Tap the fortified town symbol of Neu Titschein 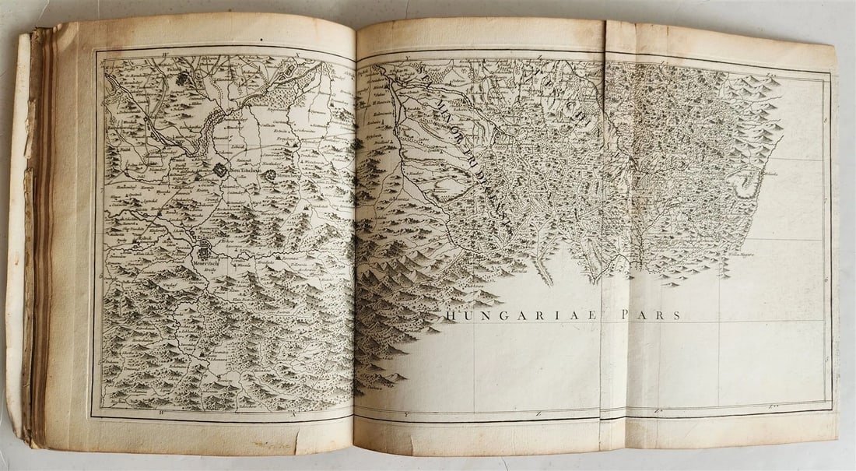tap(221, 169)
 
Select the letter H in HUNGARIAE tap(449, 315)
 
